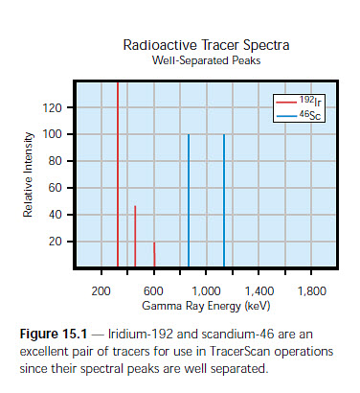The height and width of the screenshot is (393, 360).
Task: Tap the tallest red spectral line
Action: click(118, 173)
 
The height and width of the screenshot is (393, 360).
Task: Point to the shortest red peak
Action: click(153, 254)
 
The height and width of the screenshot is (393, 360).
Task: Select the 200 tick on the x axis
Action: click(101, 289)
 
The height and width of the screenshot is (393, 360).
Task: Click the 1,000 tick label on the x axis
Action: click(206, 289)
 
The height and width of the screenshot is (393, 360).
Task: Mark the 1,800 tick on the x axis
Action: click(311, 289)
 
